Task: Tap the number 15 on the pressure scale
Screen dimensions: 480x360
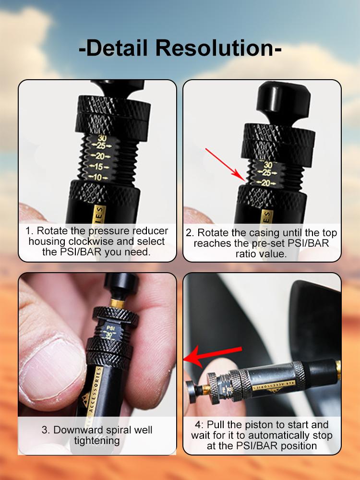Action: click(x=99, y=167)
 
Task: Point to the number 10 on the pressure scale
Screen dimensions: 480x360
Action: click(x=99, y=178)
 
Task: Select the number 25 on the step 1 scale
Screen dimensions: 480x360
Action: click(x=100, y=145)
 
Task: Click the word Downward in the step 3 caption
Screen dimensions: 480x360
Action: click(x=75, y=430)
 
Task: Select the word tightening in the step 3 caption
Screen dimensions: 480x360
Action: click(x=97, y=441)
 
